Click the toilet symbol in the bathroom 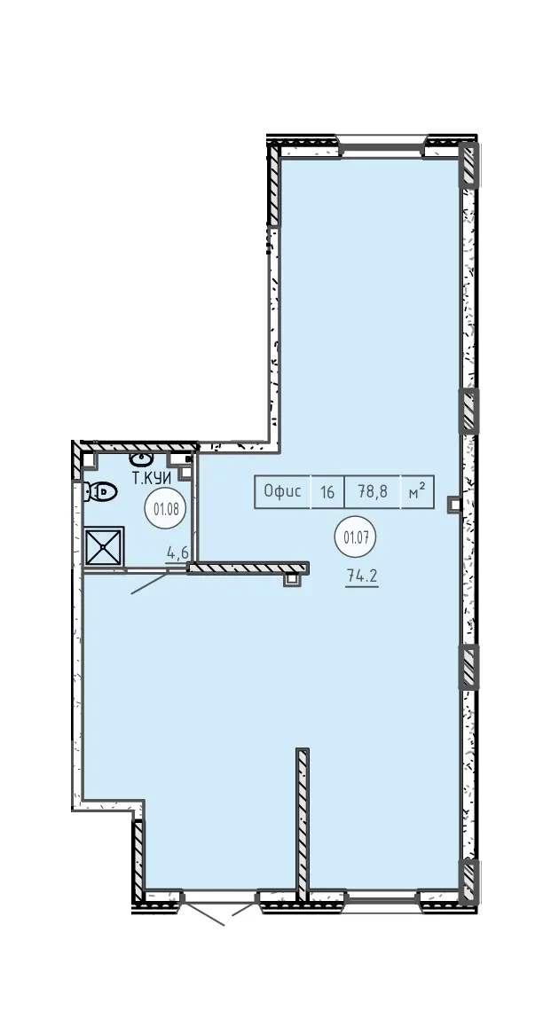point(100,490)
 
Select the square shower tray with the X point(104,544)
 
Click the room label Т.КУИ point(153,478)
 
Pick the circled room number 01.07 point(358,538)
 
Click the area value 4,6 point(177,553)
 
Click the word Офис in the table point(282,491)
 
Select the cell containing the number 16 point(327,491)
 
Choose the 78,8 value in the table point(373,491)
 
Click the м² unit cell point(418,491)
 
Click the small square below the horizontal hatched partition point(290,578)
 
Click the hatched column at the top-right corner point(469,165)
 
